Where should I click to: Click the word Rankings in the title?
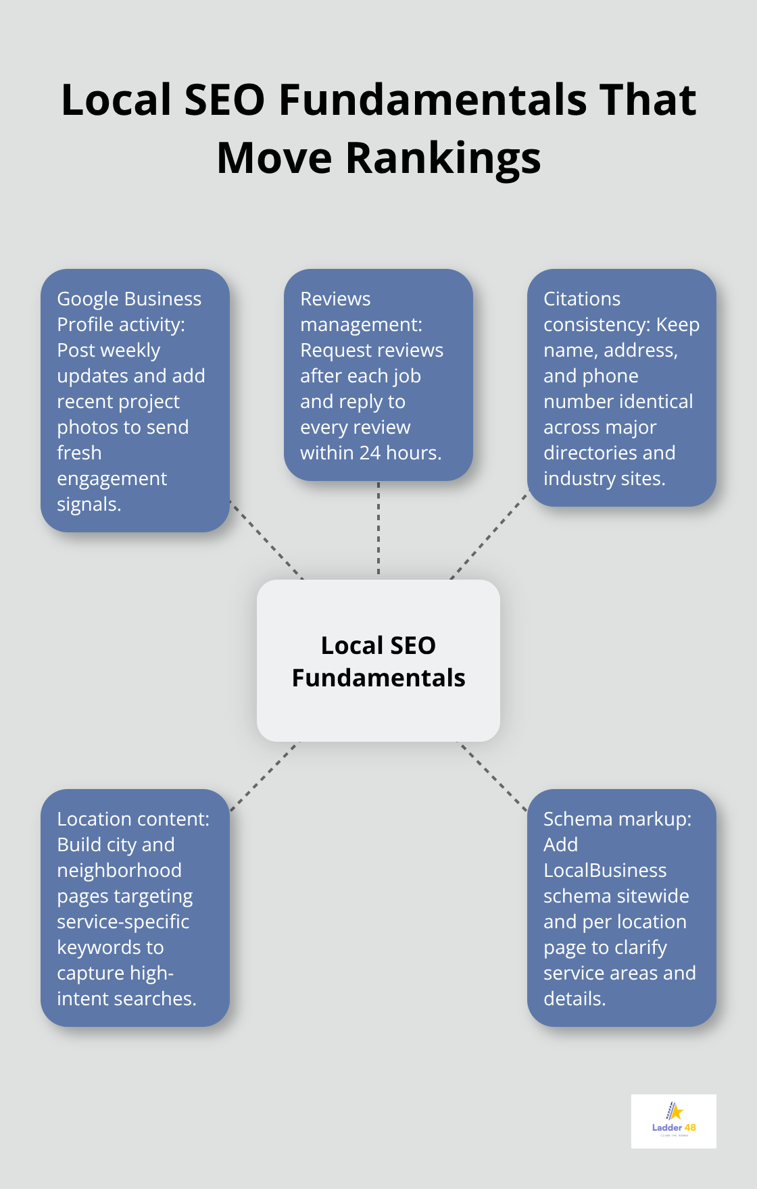[x=443, y=159]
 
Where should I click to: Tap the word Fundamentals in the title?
[x=433, y=100]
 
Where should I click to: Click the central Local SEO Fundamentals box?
[x=378, y=661]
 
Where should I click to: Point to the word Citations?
[x=581, y=299]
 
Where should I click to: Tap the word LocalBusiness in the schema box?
[x=605, y=871]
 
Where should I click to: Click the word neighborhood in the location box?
[x=119, y=871]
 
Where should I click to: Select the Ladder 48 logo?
[x=673, y=1121]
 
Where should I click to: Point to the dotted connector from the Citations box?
[x=489, y=536]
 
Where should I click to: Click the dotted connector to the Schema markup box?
[x=492, y=776]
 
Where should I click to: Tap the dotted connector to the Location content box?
[x=265, y=776]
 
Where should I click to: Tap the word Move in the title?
[x=274, y=159]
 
